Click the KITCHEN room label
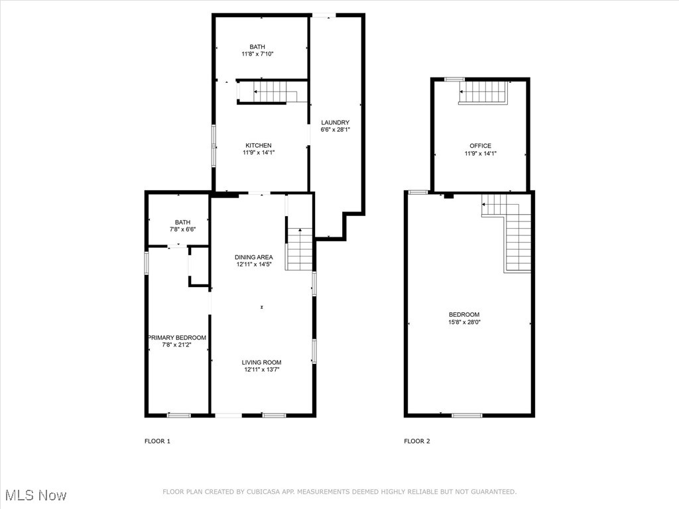[x=259, y=145]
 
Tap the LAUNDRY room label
[x=335, y=123]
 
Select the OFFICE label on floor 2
[x=480, y=146]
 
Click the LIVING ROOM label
[x=261, y=362]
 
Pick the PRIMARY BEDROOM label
[x=177, y=337]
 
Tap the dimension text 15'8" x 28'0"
[x=464, y=323]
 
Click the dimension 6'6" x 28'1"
[x=335, y=130]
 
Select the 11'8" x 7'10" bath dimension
[x=257, y=54]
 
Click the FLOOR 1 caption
[x=157, y=441]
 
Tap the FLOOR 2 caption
[x=417, y=441]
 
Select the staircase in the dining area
[x=299, y=249]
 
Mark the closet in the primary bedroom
[x=199, y=266]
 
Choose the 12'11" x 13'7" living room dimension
[x=261, y=370]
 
